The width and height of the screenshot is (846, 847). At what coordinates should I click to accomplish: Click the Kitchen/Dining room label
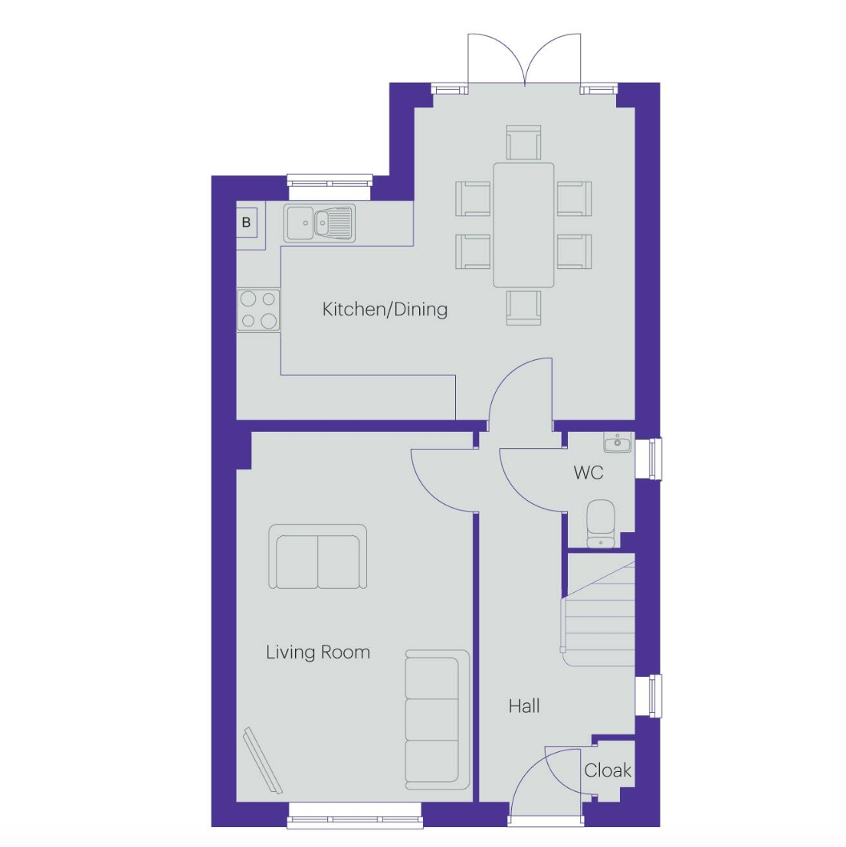385,309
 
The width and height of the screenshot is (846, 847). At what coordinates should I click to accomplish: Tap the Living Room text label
318,652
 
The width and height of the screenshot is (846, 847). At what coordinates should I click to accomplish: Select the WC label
589,473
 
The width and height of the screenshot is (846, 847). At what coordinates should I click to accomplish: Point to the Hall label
524,706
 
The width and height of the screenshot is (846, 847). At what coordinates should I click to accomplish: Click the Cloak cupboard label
608,770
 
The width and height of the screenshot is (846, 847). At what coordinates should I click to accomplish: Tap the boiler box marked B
246,223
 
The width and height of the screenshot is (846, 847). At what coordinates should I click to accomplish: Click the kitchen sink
320,223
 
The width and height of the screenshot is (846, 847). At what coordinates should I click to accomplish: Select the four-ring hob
258,310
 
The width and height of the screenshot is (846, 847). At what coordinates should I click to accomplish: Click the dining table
523,225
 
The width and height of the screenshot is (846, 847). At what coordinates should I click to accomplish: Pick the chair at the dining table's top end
523,143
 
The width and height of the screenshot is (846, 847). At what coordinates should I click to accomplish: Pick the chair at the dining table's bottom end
523,307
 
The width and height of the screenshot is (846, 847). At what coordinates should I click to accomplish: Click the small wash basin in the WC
617,443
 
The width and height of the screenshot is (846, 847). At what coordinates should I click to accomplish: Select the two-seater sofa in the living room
317,558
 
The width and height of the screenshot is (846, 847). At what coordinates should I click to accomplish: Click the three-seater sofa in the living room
435,720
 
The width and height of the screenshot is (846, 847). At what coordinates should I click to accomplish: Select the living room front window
355,816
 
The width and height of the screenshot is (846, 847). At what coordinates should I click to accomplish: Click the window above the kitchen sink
329,181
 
